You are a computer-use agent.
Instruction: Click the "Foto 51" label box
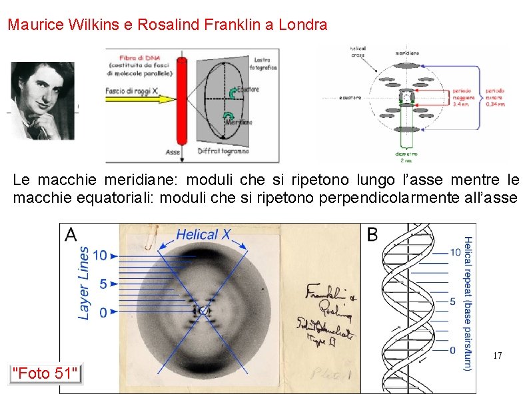tap(45, 373)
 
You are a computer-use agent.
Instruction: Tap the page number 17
tap(497, 356)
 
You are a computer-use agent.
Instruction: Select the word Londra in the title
tap(305, 25)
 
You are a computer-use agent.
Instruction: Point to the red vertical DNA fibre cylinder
tap(181, 100)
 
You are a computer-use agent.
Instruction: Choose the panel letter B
tap(372, 234)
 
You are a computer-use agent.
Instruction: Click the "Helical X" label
tap(203, 234)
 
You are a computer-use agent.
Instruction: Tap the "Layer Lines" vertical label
tap(84, 283)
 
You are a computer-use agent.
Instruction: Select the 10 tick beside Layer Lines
tap(100, 255)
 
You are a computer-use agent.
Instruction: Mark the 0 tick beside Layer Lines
tap(102, 312)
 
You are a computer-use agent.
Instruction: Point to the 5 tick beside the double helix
tap(454, 301)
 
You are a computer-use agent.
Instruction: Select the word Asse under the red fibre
tap(173, 152)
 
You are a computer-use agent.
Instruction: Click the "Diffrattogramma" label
tap(223, 151)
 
